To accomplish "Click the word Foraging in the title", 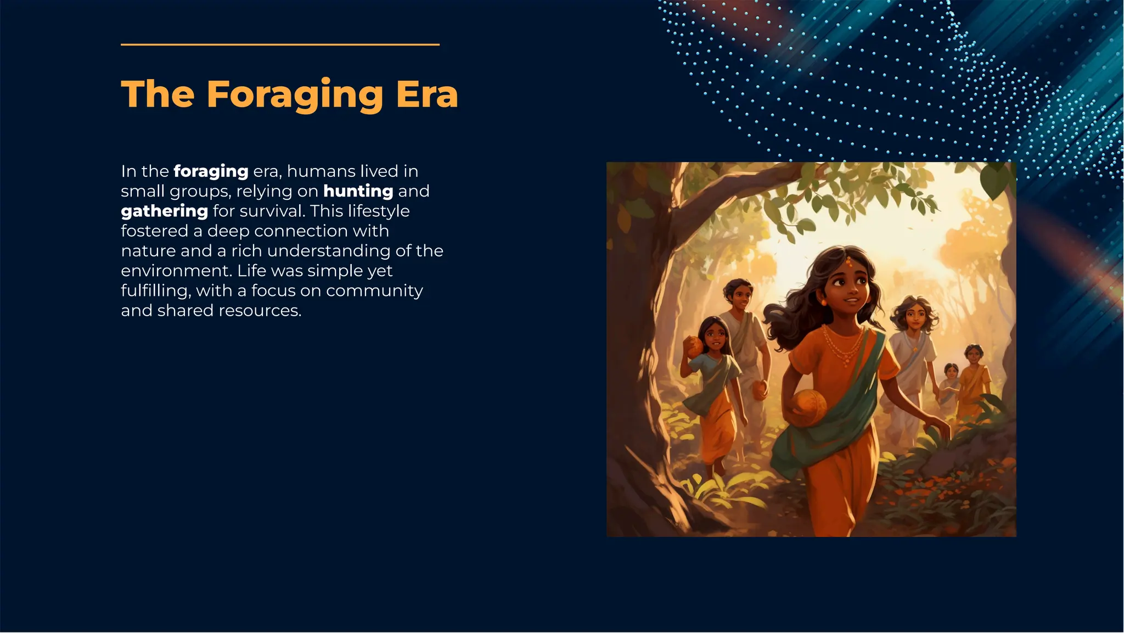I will click(x=295, y=94).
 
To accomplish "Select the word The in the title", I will click(x=158, y=94).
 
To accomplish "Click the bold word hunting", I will click(x=358, y=191).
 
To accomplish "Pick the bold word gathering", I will click(x=164, y=211).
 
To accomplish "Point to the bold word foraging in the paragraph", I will click(x=211, y=171).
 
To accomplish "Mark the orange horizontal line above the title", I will click(x=280, y=44).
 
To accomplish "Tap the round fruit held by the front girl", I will click(x=808, y=407).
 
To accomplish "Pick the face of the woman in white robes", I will click(x=915, y=317).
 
